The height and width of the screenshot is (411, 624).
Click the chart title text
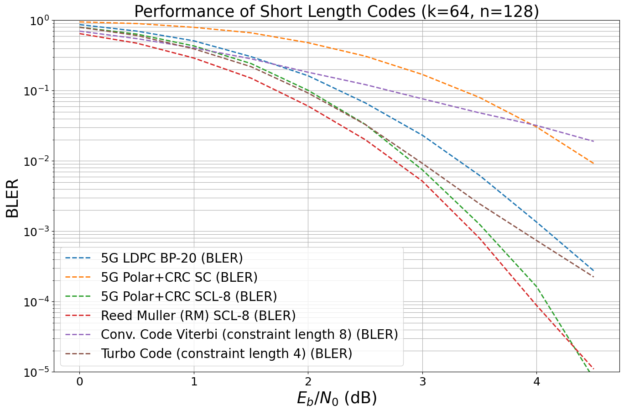336,11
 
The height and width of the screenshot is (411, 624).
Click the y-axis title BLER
12,198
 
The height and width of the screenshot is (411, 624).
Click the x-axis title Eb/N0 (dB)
337,398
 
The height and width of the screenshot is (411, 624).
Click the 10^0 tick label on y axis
39,21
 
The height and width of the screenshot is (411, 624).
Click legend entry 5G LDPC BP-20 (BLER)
172,258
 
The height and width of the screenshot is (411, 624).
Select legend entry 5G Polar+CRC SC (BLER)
179,277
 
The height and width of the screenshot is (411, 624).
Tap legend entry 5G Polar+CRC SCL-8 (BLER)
189,296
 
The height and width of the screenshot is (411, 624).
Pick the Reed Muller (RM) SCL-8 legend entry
198,316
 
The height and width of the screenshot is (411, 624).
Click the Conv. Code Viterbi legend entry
249,335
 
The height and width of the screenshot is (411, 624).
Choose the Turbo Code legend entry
226,354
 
